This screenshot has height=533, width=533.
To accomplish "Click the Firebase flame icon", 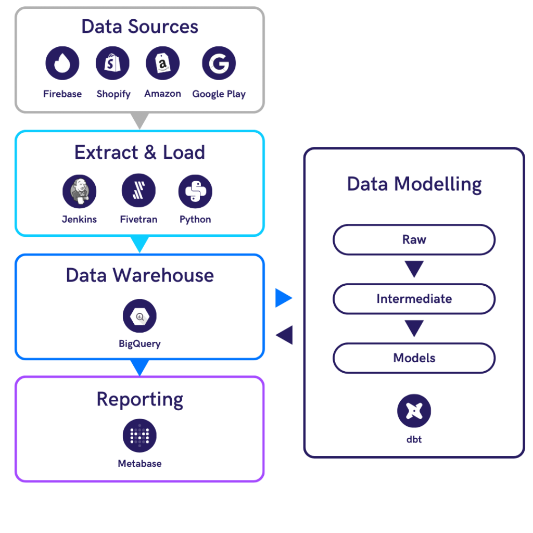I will tap(62, 63).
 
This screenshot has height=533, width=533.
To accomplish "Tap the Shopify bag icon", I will tap(112, 63).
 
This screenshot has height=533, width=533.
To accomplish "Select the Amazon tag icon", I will tap(163, 63).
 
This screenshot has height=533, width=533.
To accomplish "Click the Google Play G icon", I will tap(219, 63).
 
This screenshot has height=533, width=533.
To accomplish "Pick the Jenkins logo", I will tap(80, 191).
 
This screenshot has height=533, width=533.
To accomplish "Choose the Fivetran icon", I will tap(138, 191).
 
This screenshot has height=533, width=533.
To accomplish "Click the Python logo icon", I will tap(195, 191).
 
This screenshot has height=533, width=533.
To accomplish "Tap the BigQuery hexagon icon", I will tap(139, 316).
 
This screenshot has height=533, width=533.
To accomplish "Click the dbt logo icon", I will tap(414, 411).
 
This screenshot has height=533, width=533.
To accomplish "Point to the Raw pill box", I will tap(414, 240).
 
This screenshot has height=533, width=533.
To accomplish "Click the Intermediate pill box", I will tap(414, 299).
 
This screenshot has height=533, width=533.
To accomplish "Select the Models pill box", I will tap(414, 358).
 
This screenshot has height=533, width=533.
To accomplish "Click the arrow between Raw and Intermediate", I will tap(414, 269).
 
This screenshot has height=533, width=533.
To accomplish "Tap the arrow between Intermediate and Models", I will tap(414, 328).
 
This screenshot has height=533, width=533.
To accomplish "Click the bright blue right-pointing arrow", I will tap(284, 298).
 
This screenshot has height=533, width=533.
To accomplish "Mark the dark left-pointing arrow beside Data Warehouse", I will tap(284, 335).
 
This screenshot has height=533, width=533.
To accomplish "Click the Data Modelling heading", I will tap(414, 184).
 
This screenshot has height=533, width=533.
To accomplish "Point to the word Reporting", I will tap(139, 399).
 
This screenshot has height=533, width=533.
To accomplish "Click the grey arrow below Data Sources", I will tap(139, 121).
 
